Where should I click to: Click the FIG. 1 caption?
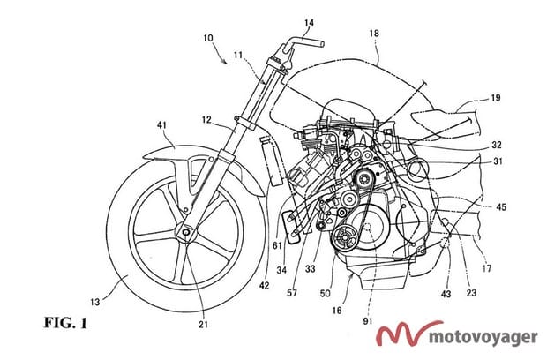pyautogui.click(x=65, y=323)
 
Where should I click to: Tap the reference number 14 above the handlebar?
pyautogui.click(x=309, y=23)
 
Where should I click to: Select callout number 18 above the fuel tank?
pyautogui.click(x=374, y=34)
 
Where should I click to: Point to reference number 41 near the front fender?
pyautogui.click(x=161, y=125)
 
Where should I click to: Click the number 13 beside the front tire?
pyautogui.click(x=95, y=302)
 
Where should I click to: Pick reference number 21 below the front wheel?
pyautogui.click(x=204, y=325)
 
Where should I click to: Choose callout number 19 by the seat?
pyautogui.click(x=495, y=98)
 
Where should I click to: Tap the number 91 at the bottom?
pyautogui.click(x=368, y=321)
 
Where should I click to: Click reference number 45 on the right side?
pyautogui.click(x=501, y=207)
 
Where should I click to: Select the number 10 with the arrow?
pyautogui.click(x=208, y=38)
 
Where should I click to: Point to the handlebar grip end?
pyautogui.click(x=322, y=44)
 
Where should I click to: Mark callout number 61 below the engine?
pyautogui.click(x=277, y=245)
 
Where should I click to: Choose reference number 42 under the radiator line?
pyautogui.click(x=265, y=285)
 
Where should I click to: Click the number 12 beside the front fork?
pyautogui.click(x=206, y=120)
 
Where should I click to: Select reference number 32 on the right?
pyautogui.click(x=497, y=145)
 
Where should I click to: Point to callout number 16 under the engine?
pyautogui.click(x=337, y=310)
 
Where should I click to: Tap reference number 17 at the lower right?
pyautogui.click(x=487, y=268)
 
